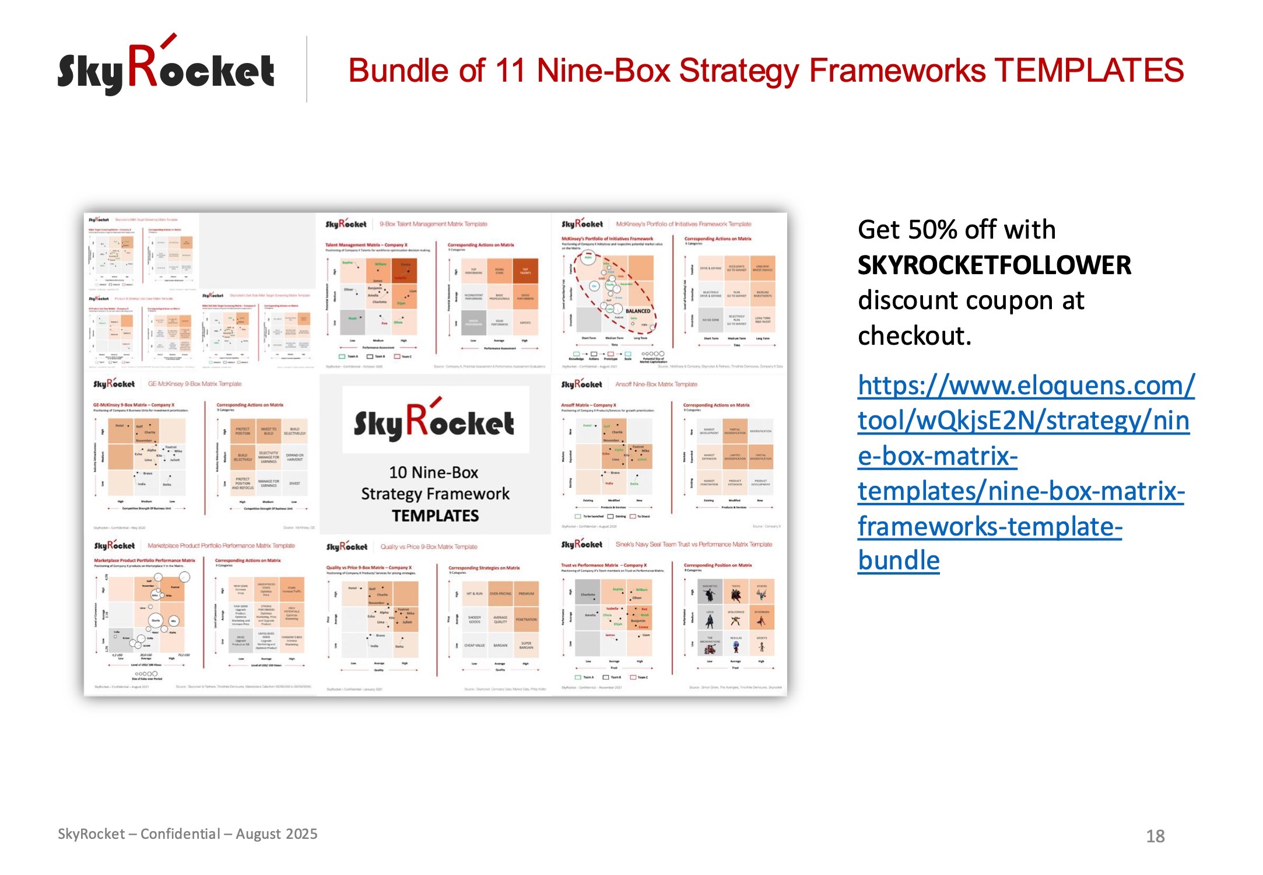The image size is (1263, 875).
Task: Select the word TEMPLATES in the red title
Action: [1089, 71]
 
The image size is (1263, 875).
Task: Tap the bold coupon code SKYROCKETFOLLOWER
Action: [994, 265]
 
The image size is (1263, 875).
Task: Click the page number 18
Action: [1155, 836]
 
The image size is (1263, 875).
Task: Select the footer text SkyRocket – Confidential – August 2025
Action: [187, 834]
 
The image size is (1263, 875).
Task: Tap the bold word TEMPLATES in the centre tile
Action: [435, 516]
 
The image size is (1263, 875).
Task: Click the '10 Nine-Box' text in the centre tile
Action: [433, 472]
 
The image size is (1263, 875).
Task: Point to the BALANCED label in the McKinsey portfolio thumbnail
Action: [637, 311]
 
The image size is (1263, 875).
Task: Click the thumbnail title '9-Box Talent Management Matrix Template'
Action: [433, 224]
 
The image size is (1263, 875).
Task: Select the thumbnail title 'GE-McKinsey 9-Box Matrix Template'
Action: [194, 384]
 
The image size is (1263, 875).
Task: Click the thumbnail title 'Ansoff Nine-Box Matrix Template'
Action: [656, 384]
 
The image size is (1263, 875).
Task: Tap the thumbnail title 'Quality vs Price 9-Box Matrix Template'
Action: [429, 547]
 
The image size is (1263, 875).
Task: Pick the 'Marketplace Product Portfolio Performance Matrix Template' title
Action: [221, 545]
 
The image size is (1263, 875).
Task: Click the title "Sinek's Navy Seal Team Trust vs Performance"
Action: [693, 544]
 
